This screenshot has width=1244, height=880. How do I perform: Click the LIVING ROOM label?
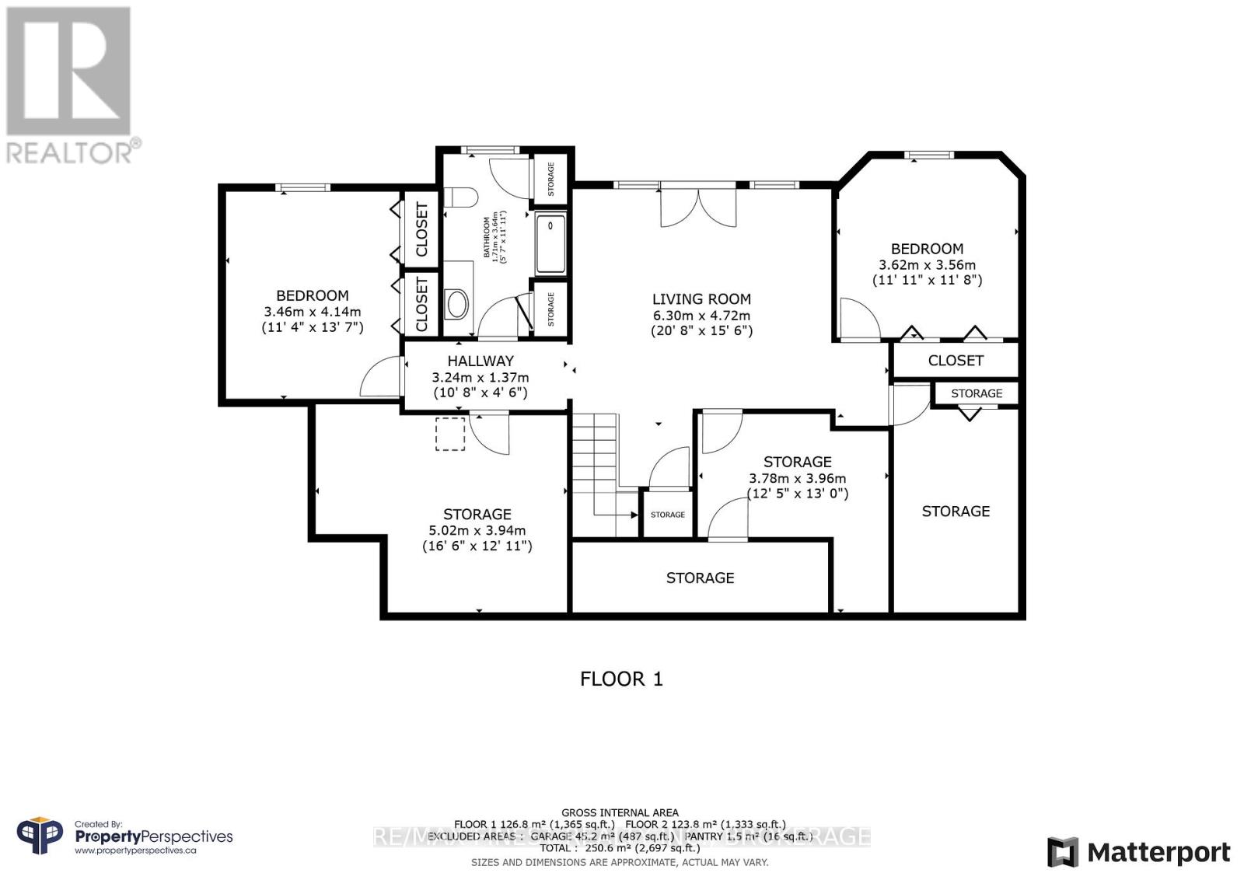coord(701,299)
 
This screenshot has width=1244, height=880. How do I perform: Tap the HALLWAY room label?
coord(480,361)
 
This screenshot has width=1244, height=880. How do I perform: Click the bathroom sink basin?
coord(456,303)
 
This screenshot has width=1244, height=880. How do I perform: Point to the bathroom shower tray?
coord(550,244)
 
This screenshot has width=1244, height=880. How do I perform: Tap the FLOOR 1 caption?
coord(621,679)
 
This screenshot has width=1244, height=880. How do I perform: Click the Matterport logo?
coord(1138,853)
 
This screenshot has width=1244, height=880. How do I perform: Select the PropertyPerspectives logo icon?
coord(40,836)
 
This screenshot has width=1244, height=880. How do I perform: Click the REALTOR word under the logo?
coord(71,152)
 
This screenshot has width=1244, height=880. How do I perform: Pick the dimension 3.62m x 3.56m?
coord(927,265)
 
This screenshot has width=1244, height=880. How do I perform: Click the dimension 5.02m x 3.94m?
coord(477,530)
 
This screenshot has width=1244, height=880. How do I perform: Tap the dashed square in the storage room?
coord(450,434)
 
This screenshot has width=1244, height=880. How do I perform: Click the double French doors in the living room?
coord(698,206)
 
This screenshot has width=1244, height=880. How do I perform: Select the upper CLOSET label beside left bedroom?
coord(421,229)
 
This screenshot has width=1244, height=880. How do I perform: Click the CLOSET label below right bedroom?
coord(956,361)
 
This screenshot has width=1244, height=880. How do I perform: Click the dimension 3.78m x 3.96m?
coord(797,478)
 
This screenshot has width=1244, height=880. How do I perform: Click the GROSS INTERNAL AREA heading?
coord(620,812)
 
